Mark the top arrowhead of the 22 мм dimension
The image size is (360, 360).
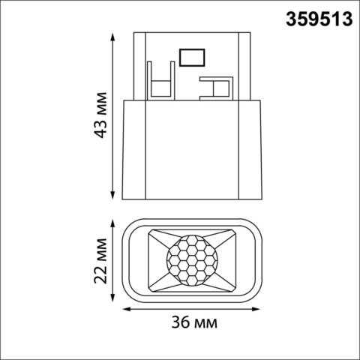pos(112,222)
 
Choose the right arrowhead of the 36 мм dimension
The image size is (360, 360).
pos(262,308)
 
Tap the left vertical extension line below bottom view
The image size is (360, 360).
pos(121,304)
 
